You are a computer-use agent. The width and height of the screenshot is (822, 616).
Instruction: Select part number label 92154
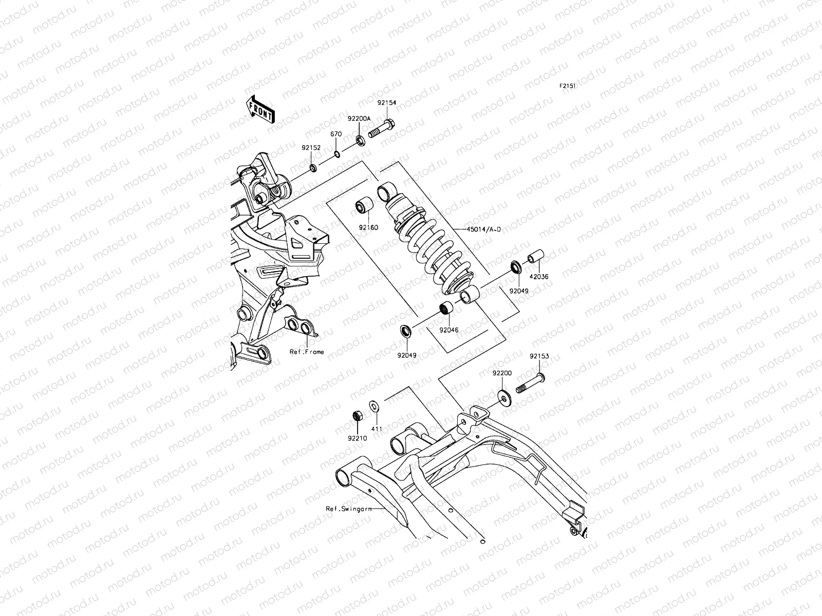click(387, 102)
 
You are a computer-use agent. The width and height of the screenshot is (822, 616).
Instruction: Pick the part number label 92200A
click(359, 118)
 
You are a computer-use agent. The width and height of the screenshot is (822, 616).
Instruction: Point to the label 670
click(335, 134)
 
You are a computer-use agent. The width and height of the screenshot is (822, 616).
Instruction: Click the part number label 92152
click(311, 148)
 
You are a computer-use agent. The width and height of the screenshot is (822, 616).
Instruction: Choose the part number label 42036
click(539, 277)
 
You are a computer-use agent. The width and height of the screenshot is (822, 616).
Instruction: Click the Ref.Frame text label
click(307, 352)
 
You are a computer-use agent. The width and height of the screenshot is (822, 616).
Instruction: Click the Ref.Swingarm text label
click(348, 509)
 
